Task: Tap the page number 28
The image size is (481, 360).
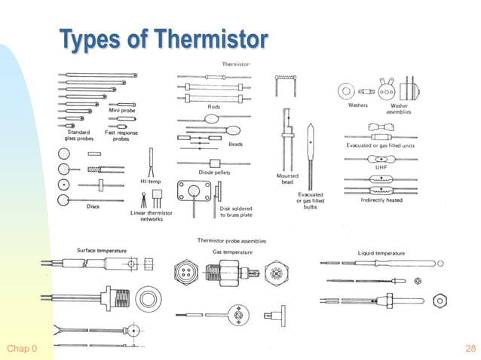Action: click(470, 349)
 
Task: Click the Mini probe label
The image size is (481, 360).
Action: click(121, 111)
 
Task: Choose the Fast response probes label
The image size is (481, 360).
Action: click(121, 136)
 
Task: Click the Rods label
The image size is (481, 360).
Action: click(214, 107)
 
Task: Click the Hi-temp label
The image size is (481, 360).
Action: click(150, 181)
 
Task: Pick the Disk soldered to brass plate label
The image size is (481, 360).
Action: click(236, 212)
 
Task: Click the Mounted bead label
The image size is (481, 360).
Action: click(287, 178)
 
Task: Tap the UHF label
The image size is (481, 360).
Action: click(381, 167)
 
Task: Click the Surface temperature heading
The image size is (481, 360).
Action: click(102, 249)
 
